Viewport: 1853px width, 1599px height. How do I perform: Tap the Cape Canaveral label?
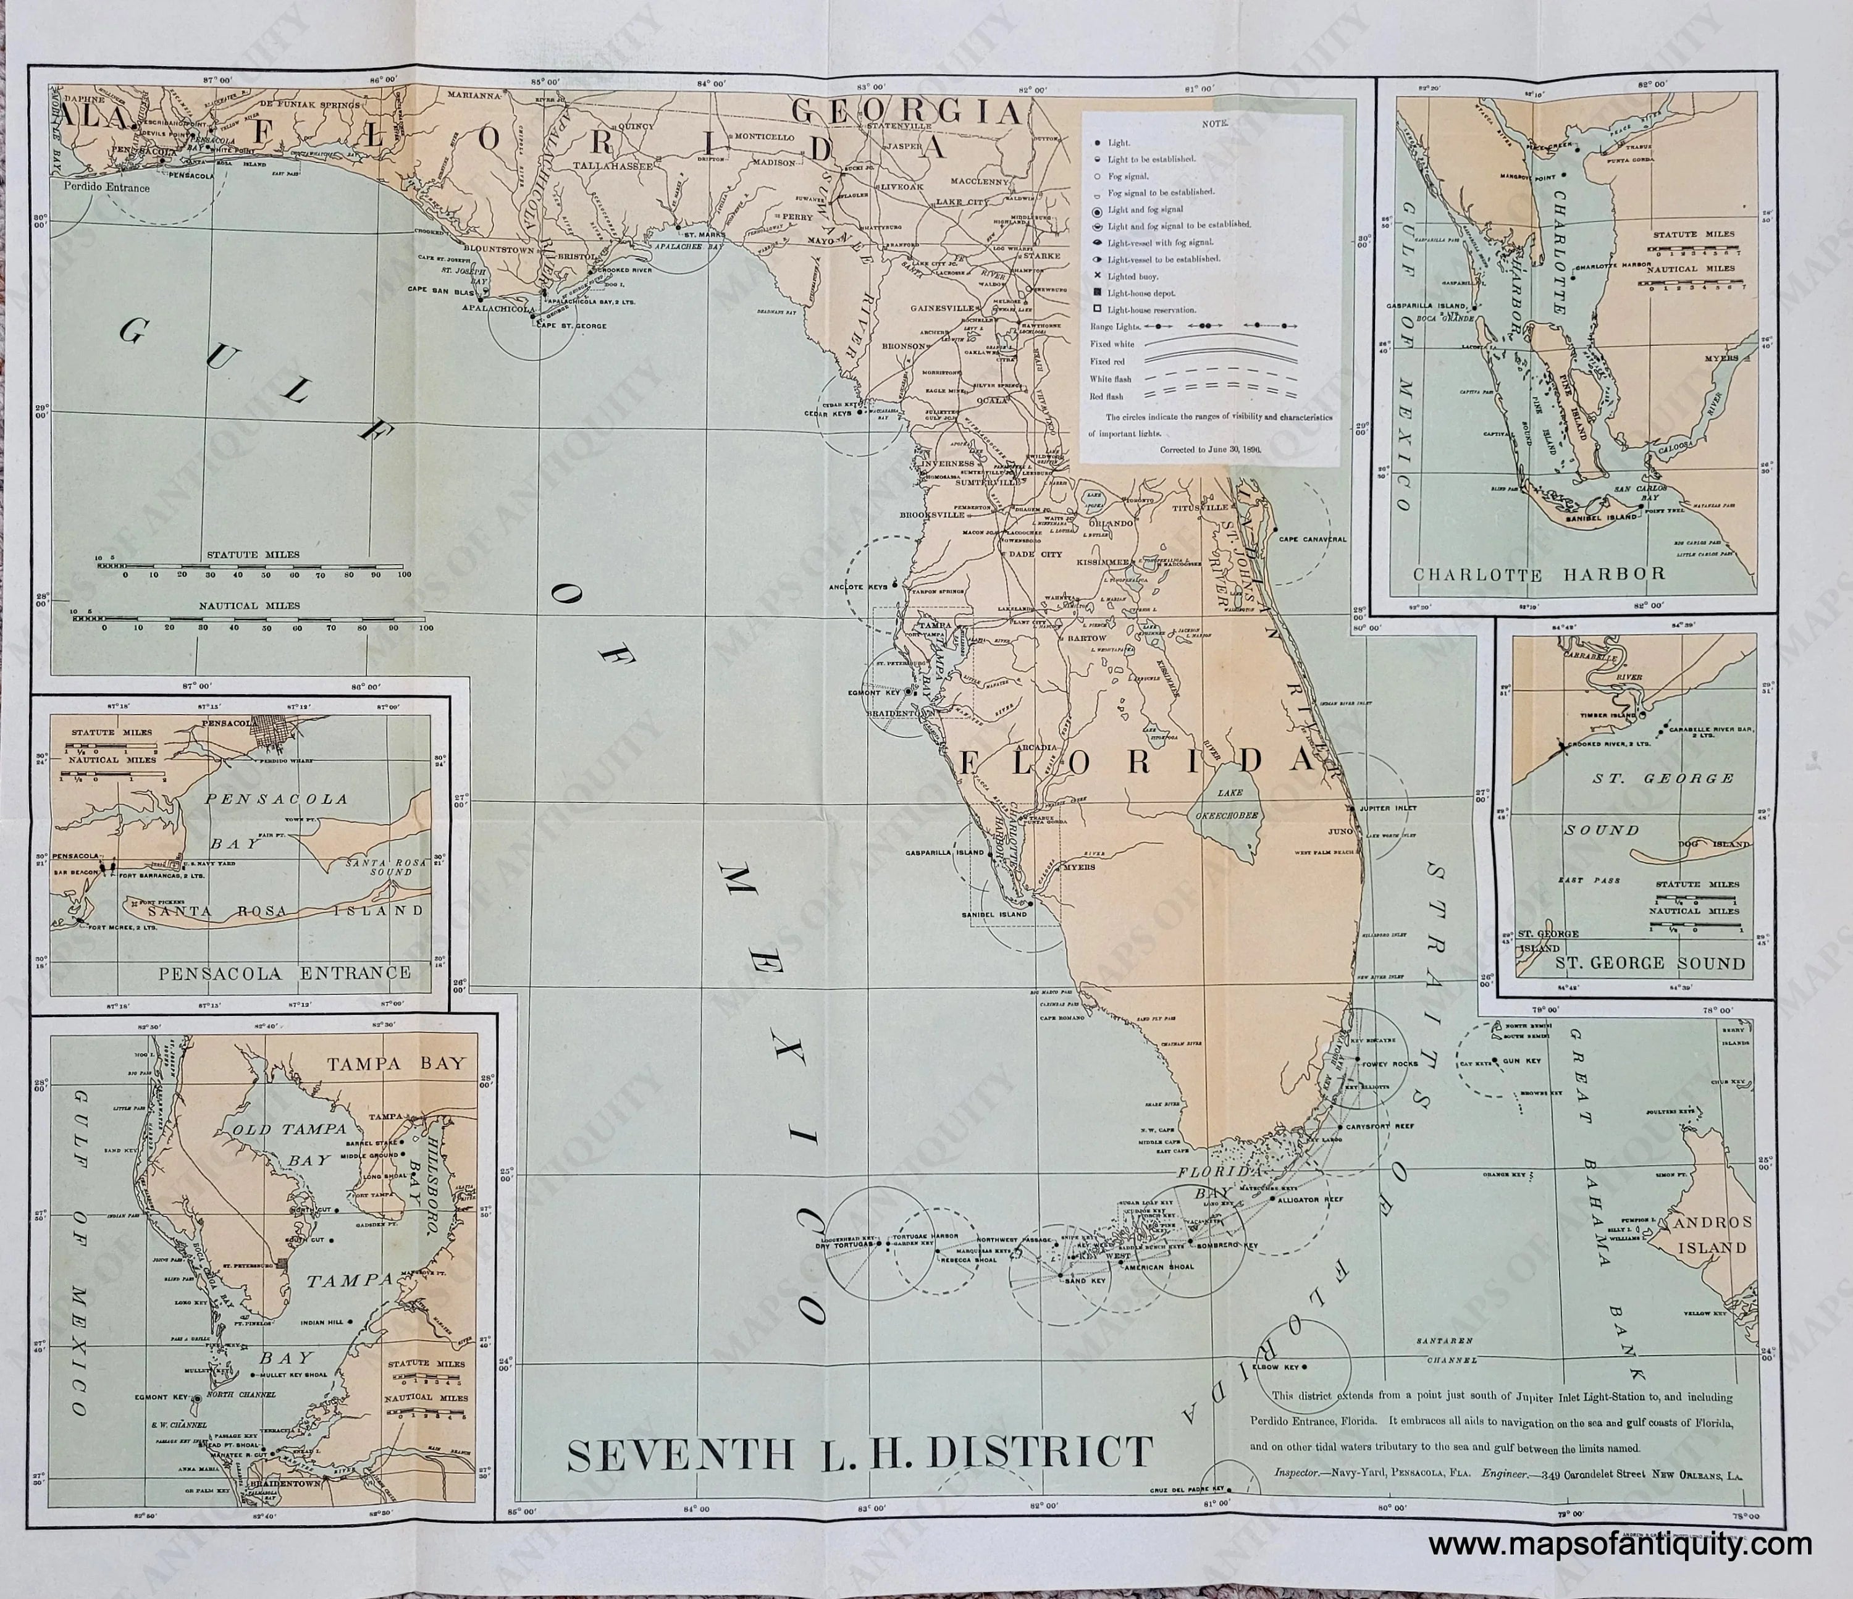pos(1312,539)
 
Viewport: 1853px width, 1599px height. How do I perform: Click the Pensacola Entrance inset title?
pos(284,973)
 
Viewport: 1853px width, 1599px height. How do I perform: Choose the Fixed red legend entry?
pos(1106,361)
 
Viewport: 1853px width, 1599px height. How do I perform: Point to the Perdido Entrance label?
pos(106,189)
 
